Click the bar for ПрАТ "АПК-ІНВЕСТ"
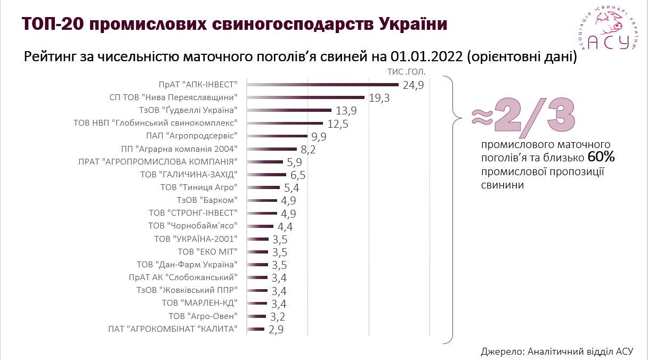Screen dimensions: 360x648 coord(323,84)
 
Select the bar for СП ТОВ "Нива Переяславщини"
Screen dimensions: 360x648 coord(306,97)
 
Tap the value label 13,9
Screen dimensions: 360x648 coord(346,111)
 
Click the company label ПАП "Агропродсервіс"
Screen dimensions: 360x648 coord(202,136)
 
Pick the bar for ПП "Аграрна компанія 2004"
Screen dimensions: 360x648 coord(272,149)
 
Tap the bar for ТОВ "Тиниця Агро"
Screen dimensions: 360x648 coord(263,187)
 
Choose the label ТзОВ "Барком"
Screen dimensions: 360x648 coord(207,200)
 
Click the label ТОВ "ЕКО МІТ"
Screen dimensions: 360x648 coord(207,251)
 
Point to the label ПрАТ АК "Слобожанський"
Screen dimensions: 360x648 coord(183,277)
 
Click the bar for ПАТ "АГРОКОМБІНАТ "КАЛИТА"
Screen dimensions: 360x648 coord(256,330)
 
